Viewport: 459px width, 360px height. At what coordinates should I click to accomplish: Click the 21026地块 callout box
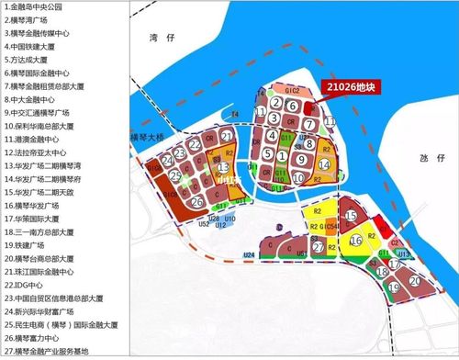pos(350,87)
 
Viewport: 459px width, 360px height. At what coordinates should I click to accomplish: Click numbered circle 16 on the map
pos(356,241)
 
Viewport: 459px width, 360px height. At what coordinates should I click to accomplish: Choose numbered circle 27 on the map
pos(319,248)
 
